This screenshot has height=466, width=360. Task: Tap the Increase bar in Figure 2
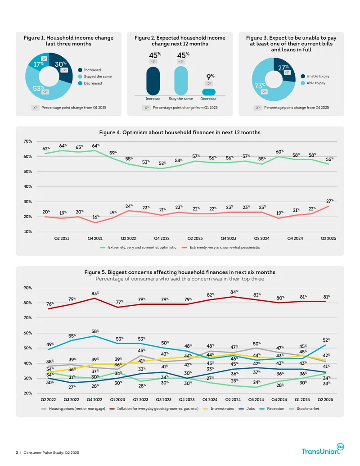click(x=153, y=81)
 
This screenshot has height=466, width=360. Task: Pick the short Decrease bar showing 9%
click(x=209, y=92)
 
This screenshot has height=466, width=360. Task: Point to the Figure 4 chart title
click(x=180, y=132)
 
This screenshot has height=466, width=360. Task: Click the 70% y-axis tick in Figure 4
click(x=28, y=141)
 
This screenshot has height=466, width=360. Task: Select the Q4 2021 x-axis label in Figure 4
click(x=95, y=238)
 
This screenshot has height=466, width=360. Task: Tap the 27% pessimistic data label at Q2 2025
click(x=330, y=201)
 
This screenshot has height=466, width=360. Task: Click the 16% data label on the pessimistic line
click(x=96, y=217)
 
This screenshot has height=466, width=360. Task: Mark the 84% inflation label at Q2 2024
click(x=234, y=292)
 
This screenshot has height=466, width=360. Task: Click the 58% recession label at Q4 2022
click(x=95, y=331)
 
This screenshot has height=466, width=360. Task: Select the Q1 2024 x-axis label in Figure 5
click(x=210, y=400)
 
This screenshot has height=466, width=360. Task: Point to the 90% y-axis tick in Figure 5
click(x=28, y=288)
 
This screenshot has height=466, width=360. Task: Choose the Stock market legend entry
click(x=304, y=409)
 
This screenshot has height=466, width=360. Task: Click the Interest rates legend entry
click(x=219, y=409)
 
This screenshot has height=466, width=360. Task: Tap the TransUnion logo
click(x=323, y=449)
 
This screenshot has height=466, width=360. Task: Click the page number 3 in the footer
click(x=17, y=452)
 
